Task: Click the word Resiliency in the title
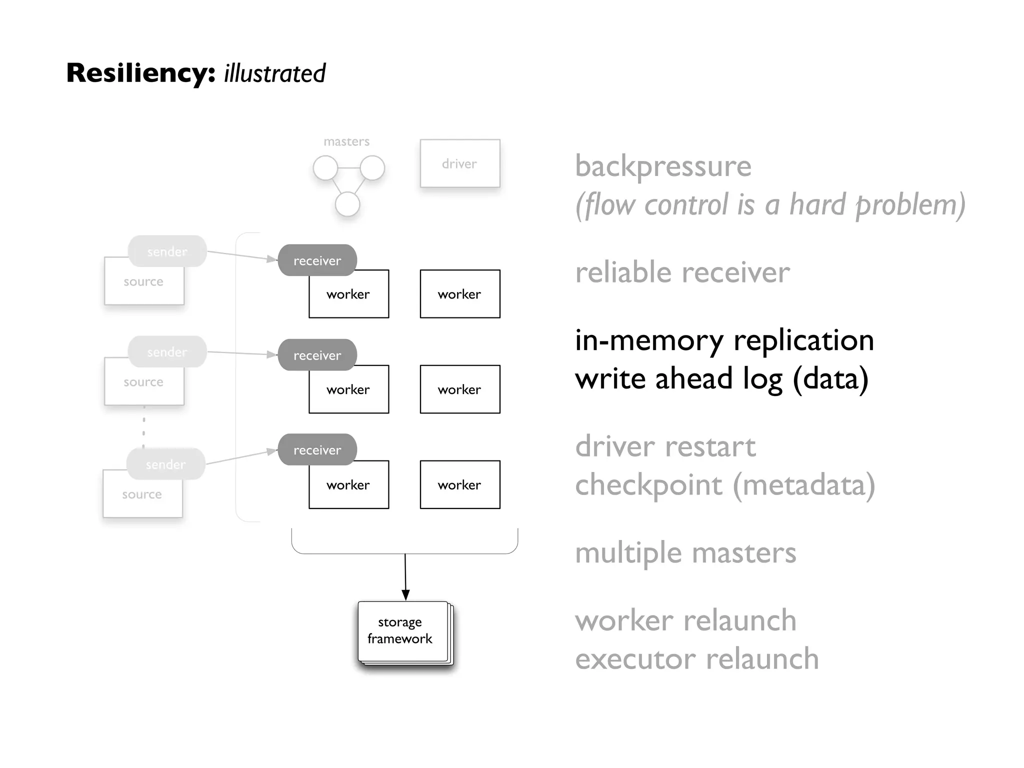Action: click(140, 73)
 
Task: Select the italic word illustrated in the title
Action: click(274, 73)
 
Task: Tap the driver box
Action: click(459, 163)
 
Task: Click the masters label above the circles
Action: click(346, 142)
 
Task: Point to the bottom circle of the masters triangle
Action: click(347, 204)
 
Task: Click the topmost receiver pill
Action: click(317, 260)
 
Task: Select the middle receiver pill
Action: click(317, 355)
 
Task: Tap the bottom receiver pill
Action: click(317, 450)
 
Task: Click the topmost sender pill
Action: click(167, 251)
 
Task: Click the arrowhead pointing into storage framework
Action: click(405, 594)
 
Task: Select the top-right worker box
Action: click(459, 294)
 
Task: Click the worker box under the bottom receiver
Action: click(348, 485)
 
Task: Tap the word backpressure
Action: click(663, 166)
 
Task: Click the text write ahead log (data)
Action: click(721, 378)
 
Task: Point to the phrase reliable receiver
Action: click(682, 273)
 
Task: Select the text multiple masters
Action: click(685, 553)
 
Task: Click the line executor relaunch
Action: click(696, 659)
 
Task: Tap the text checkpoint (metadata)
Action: click(724, 485)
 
